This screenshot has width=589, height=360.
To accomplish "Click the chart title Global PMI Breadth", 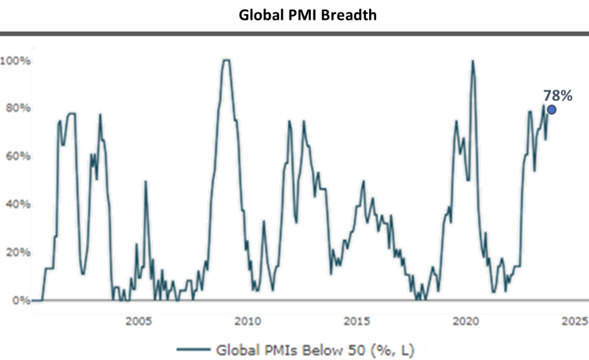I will pos(307,15).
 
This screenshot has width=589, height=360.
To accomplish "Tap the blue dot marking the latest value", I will pos(551,109).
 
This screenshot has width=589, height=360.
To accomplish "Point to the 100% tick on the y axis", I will pos(16,60).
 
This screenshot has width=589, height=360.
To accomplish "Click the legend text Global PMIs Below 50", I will pos(315,351).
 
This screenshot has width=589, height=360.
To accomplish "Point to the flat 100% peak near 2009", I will pos(226,60).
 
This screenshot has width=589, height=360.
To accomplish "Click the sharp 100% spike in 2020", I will pos(472,61).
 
